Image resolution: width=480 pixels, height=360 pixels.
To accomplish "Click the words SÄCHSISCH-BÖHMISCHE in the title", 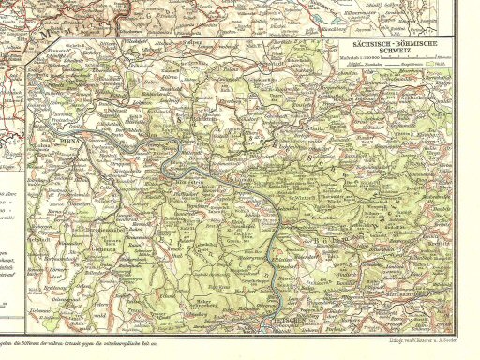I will [x=386, y=44].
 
